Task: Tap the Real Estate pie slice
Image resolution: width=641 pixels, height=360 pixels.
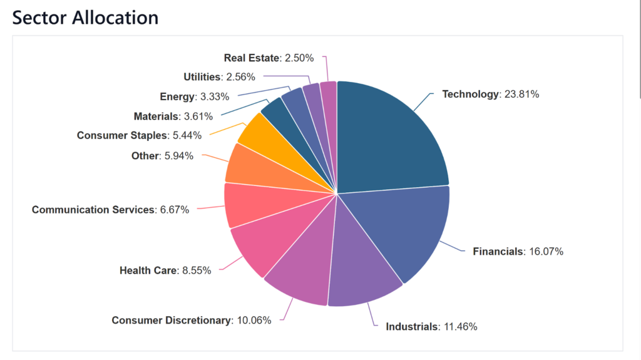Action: (329, 106)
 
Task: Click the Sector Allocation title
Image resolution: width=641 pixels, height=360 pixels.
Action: (85, 17)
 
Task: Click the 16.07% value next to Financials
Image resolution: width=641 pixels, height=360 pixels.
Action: (545, 252)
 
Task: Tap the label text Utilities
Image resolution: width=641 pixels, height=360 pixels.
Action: (202, 77)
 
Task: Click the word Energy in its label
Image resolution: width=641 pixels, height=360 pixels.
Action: (178, 96)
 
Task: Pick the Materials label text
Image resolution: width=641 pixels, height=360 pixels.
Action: (156, 116)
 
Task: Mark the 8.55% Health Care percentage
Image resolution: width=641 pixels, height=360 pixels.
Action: (197, 270)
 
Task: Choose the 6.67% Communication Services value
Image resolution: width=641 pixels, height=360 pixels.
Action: (175, 210)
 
